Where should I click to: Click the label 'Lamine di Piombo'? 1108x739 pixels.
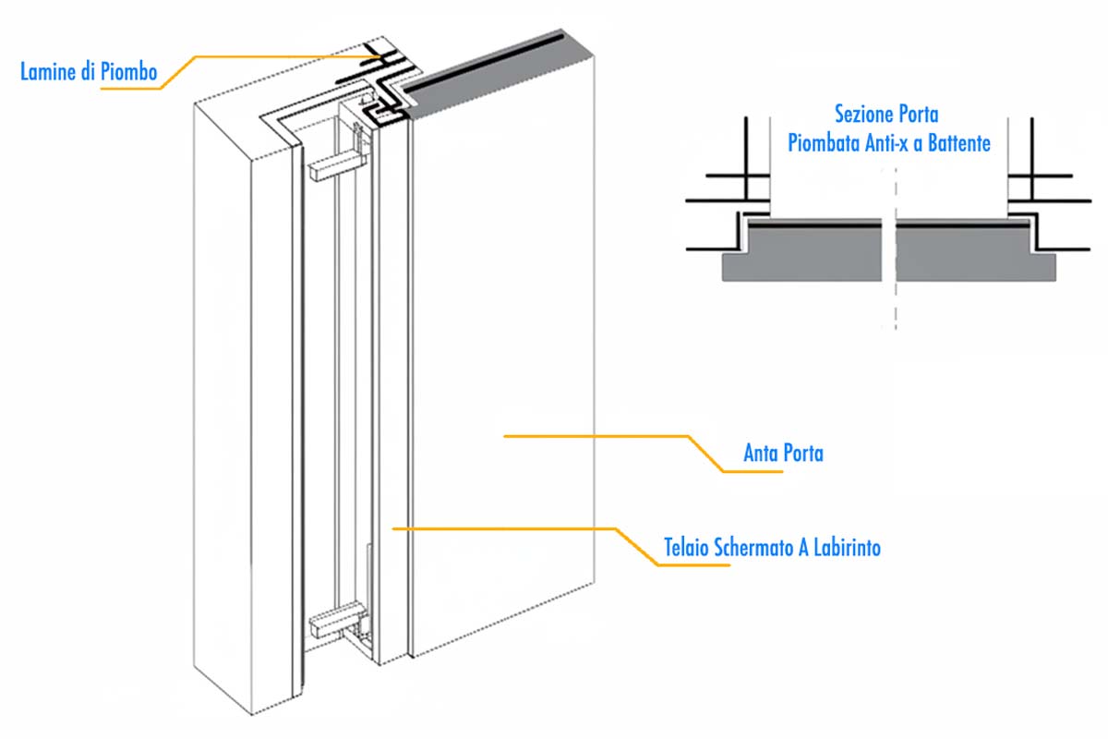tap(89, 71)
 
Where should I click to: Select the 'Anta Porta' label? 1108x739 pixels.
tap(783, 454)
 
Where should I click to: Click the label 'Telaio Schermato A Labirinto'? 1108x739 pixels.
tap(772, 547)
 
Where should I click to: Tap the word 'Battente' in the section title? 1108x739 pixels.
tap(957, 143)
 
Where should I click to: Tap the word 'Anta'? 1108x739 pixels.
tap(762, 454)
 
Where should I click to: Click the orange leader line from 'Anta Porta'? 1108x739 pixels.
tap(600, 435)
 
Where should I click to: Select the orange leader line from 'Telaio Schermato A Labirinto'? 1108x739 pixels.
tap(508, 528)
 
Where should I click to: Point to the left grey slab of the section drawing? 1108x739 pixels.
tap(803, 253)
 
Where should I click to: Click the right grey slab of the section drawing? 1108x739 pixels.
tap(969, 253)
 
